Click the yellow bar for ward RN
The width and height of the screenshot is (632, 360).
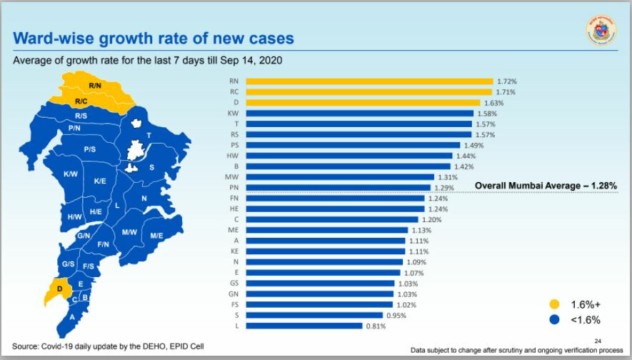369,81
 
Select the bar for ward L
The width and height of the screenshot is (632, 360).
304,326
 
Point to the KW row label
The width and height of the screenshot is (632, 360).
233,114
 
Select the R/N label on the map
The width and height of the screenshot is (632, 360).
95,86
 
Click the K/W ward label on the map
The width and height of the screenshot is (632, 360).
70,174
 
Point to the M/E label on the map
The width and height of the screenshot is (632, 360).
156,235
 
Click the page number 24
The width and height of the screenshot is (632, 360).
598,341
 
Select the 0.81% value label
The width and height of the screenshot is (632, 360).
376,326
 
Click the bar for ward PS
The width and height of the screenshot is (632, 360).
353,145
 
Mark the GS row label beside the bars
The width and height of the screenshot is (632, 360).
233,284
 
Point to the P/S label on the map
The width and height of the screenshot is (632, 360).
89,149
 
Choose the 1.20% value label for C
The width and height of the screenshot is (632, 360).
432,219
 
